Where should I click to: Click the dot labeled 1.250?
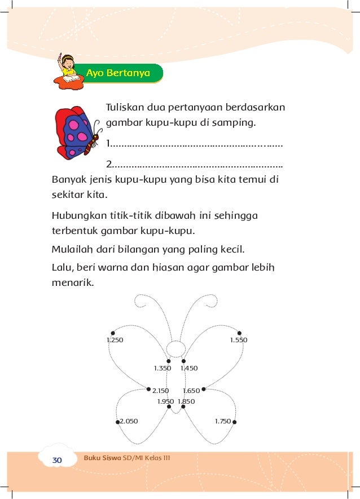click(113, 333)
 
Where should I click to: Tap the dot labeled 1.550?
click(239, 333)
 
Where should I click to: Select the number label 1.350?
click(162, 368)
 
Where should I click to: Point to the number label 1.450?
click(189, 368)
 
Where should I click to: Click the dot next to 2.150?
click(148, 389)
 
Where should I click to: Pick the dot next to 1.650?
click(204, 389)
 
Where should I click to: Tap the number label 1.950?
click(165, 401)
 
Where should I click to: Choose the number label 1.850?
click(186, 401)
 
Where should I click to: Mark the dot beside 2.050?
click(117, 421)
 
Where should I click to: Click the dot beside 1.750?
click(234, 421)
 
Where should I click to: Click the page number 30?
click(57, 461)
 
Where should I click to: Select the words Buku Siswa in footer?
click(102, 457)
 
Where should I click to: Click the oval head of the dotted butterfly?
click(175, 350)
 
